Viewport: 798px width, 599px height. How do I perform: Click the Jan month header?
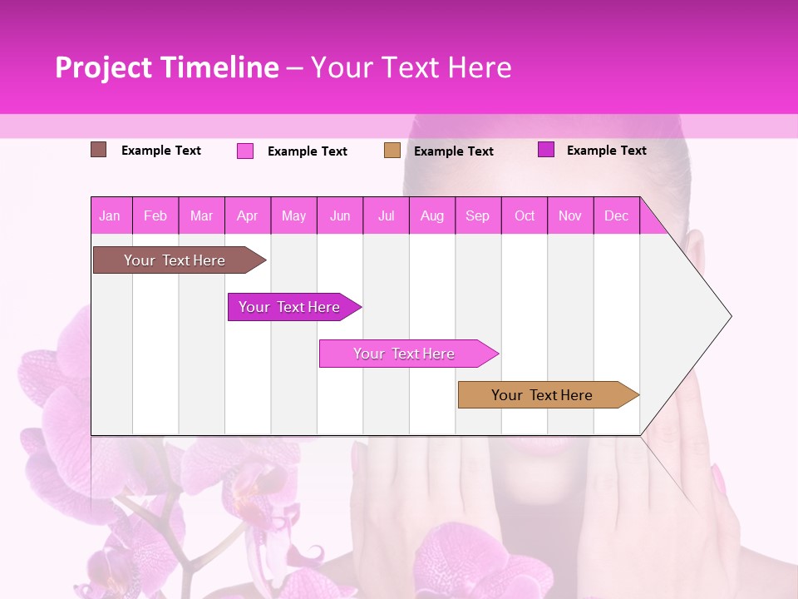click(110, 216)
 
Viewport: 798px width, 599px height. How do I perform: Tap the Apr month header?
click(248, 216)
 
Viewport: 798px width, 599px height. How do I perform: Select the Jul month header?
click(387, 216)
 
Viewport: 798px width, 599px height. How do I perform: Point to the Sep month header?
click(477, 216)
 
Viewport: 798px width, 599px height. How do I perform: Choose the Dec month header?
click(616, 216)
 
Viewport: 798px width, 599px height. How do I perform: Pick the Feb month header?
click(155, 216)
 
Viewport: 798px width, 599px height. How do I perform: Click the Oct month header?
click(525, 216)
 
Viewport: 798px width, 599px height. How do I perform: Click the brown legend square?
click(99, 150)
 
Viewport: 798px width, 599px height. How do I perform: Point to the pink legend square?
click(245, 151)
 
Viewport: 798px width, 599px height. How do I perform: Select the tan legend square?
click(392, 151)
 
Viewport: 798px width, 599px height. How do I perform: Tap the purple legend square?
click(546, 150)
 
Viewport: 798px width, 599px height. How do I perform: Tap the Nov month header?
click(570, 216)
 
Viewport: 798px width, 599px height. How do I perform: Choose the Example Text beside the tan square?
click(454, 151)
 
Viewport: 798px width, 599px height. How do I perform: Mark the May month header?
click(293, 216)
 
